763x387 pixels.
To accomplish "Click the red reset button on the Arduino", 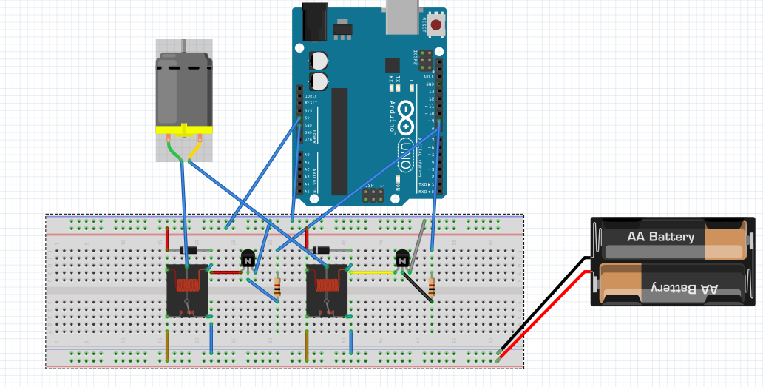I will coord(436,25).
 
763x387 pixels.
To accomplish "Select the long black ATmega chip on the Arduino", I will coord(339,141).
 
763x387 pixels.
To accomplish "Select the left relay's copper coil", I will coord(187,282).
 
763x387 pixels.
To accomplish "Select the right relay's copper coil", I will coord(328,282).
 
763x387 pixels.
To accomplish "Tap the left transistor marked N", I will coord(248,259).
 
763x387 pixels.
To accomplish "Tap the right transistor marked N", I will coord(402,259).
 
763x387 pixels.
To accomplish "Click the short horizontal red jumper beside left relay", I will coord(225,272).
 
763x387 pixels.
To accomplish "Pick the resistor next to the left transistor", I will coord(277,287).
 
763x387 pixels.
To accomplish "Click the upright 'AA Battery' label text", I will coord(660,237).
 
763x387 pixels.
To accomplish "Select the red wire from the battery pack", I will coord(547,311).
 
